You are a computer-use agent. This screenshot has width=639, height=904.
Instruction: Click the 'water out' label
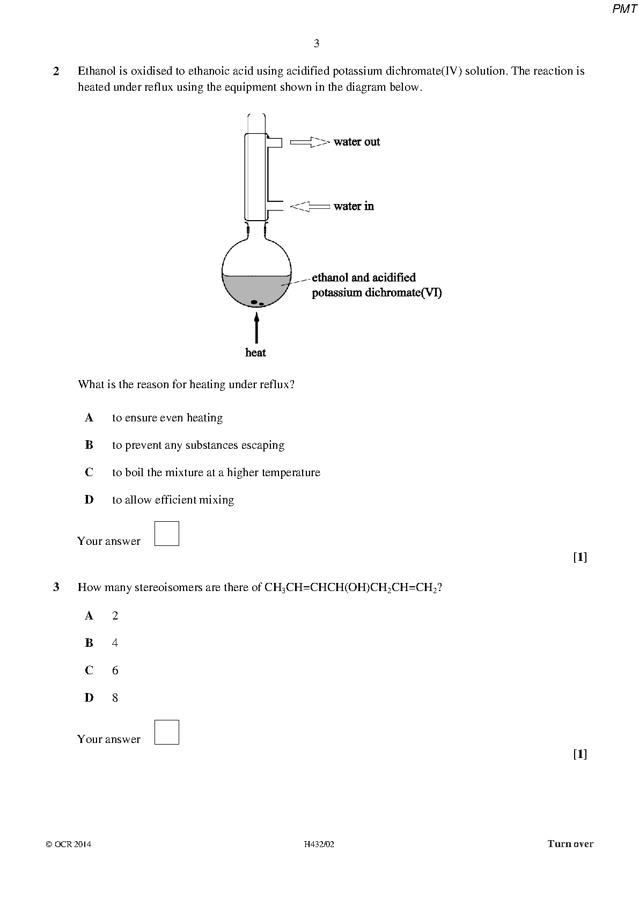click(x=356, y=142)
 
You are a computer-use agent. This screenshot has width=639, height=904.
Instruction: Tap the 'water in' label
click(x=354, y=206)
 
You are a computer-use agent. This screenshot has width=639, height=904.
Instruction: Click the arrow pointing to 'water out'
click(x=310, y=142)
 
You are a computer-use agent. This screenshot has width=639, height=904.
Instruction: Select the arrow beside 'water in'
click(x=310, y=206)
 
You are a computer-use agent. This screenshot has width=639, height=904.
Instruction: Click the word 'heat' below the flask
click(x=255, y=353)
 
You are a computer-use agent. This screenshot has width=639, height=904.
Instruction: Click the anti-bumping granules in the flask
click(x=256, y=302)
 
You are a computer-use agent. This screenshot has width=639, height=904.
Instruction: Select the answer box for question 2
click(x=167, y=534)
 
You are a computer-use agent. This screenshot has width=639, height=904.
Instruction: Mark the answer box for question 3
click(x=167, y=732)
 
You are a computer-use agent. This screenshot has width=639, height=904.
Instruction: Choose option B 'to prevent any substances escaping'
click(x=198, y=445)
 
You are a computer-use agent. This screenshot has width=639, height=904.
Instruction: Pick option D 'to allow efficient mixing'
click(x=173, y=500)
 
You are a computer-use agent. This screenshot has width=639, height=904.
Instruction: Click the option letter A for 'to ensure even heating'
click(x=89, y=418)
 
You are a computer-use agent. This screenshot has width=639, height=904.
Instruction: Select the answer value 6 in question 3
click(x=115, y=670)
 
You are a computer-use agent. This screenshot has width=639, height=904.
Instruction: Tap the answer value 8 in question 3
click(x=115, y=698)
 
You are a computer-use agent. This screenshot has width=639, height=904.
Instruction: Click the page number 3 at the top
click(x=317, y=43)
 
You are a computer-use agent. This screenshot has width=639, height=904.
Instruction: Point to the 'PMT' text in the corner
click(x=625, y=10)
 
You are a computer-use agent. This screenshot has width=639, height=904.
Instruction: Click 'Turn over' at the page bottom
click(x=570, y=844)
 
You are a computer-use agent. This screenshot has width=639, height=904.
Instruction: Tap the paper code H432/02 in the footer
click(x=319, y=844)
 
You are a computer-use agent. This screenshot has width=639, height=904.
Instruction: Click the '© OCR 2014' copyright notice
click(x=69, y=844)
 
